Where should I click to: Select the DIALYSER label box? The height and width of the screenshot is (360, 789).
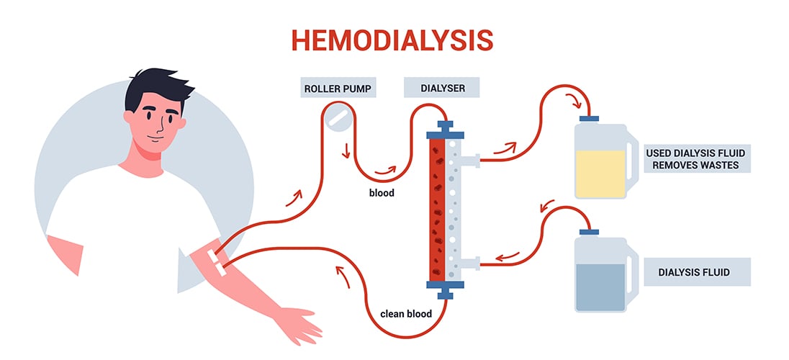(x=443, y=90)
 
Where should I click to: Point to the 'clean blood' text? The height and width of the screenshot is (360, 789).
(x=407, y=313)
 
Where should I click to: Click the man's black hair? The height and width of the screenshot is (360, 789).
(x=154, y=90)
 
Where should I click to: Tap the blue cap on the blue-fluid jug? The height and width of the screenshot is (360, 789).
(x=590, y=232)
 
